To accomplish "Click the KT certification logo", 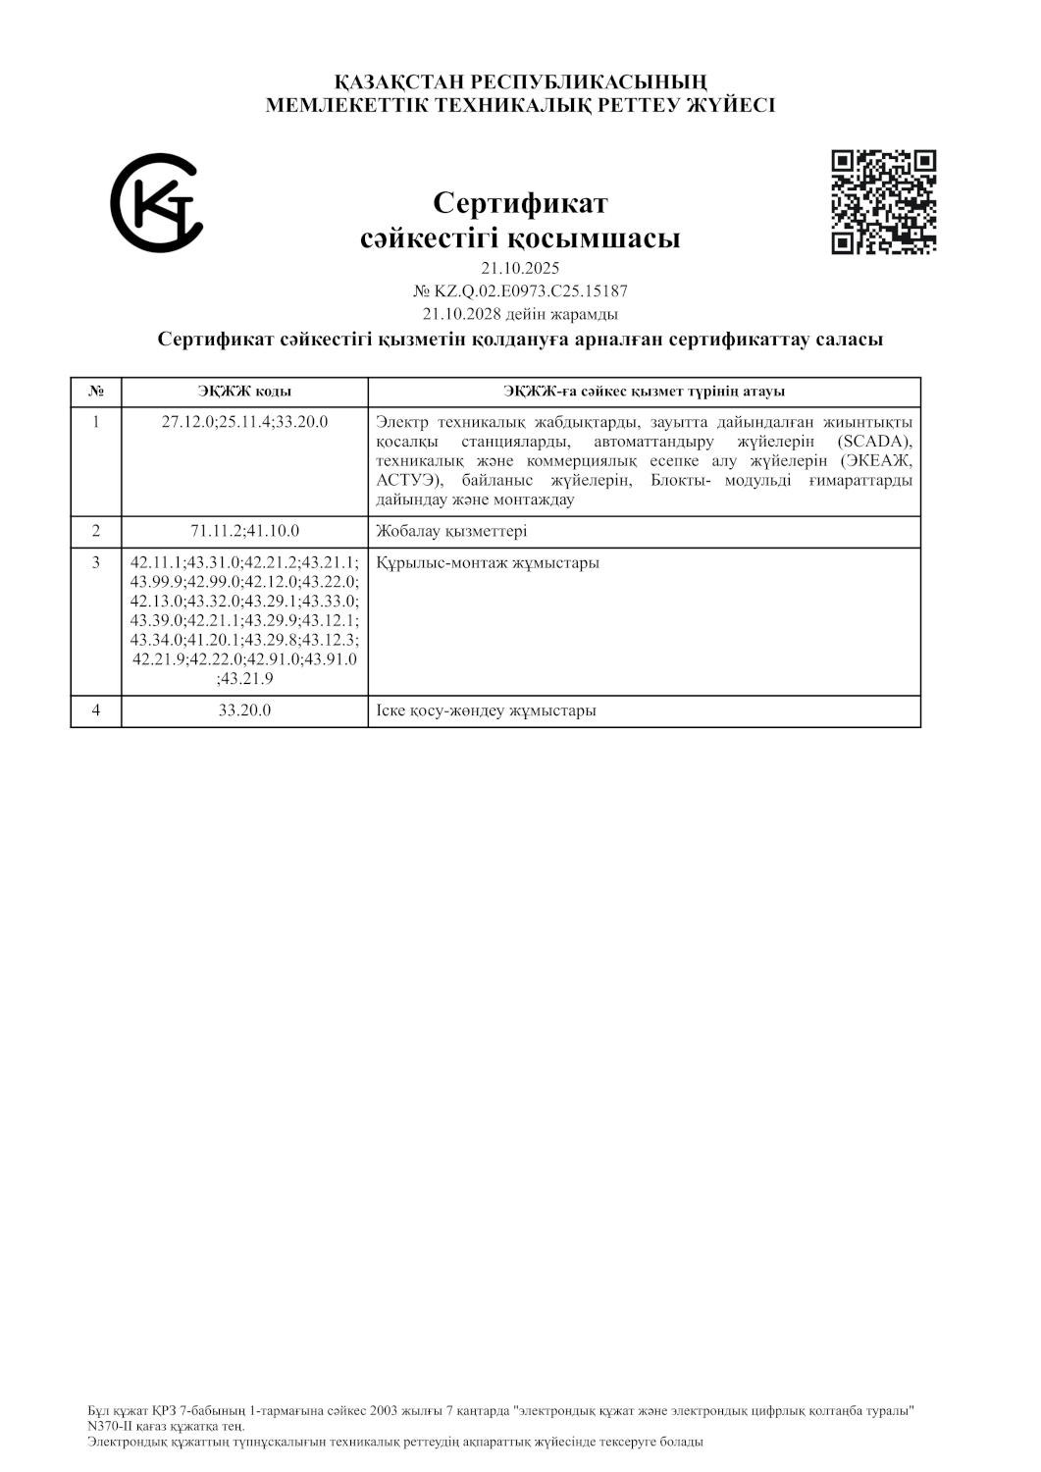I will [156, 202].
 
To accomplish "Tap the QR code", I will [883, 202].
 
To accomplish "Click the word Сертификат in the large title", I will [520, 203].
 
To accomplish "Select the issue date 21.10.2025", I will [520, 268].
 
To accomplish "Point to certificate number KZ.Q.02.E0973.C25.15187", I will [530, 291].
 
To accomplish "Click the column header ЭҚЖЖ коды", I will [244, 392].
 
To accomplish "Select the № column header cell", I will [96, 392].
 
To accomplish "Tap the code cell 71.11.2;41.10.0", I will [244, 531].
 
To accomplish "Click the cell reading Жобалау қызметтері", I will [451, 532].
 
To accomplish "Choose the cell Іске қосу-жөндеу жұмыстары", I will [487, 710].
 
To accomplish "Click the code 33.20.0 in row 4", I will [244, 710].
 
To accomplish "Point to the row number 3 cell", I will [96, 563].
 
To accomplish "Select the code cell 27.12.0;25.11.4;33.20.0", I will [244, 422].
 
